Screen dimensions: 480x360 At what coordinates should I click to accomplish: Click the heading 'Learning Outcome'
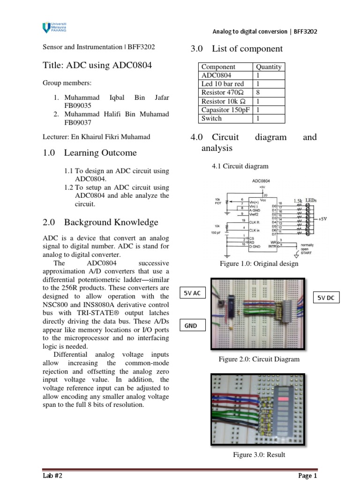click(x=100, y=153)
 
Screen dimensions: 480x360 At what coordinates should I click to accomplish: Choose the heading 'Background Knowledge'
click(x=111, y=222)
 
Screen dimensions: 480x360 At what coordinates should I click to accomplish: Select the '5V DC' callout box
click(x=327, y=297)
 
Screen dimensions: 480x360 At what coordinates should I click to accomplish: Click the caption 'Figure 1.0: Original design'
click(x=259, y=264)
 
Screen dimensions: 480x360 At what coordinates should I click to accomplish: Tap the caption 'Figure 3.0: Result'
click(x=259, y=455)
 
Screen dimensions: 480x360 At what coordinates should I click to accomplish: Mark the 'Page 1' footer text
click(x=307, y=476)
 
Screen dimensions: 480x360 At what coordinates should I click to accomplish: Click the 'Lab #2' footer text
click(x=52, y=476)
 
